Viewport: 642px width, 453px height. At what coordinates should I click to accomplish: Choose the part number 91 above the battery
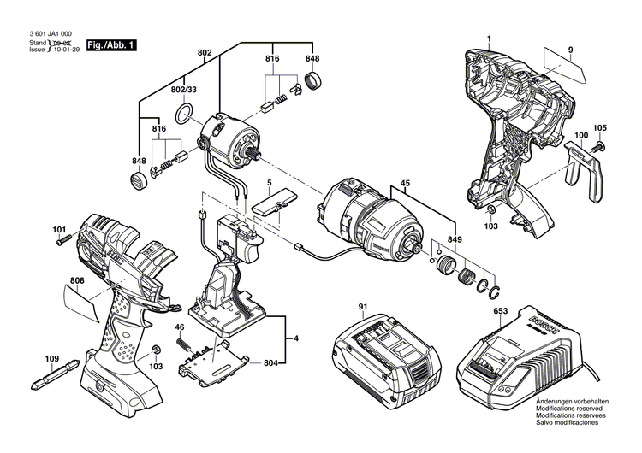click(362, 307)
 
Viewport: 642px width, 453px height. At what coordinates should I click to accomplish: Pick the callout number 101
click(59, 229)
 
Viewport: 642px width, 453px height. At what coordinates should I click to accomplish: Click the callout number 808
click(77, 280)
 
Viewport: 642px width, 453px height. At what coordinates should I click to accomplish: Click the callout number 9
click(569, 50)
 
